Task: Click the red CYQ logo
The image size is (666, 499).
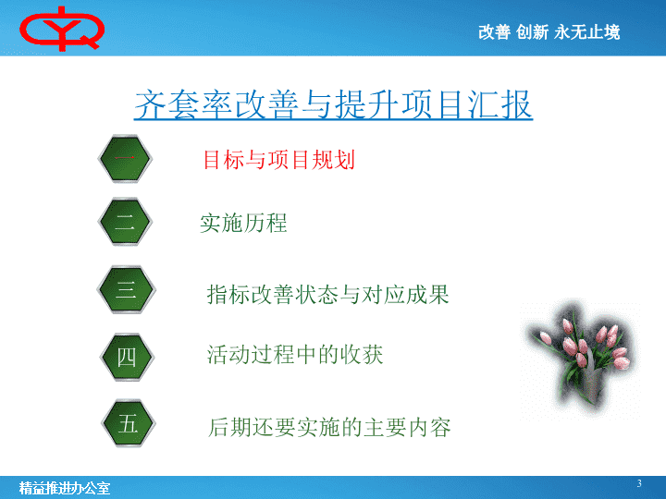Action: [62, 29]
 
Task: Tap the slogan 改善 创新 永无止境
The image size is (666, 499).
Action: [549, 32]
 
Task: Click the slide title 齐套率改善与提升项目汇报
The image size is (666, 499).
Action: [333, 104]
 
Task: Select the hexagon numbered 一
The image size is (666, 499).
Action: [125, 159]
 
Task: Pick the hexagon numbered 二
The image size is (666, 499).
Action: [125, 222]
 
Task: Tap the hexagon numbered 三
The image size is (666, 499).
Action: [126, 290]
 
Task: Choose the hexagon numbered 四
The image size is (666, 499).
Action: [127, 357]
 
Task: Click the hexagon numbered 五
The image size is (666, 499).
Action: [129, 423]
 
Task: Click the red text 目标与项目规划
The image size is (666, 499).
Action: [279, 160]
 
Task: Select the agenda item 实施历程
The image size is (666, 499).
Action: [243, 224]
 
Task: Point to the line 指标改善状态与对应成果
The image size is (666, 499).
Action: [327, 295]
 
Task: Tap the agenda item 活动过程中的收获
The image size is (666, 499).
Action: [295, 354]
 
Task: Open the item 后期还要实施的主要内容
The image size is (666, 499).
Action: [329, 427]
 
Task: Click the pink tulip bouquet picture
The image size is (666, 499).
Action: [580, 359]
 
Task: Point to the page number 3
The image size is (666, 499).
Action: [639, 483]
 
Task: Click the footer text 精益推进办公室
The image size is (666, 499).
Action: [65, 489]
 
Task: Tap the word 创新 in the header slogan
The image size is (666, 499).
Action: [532, 32]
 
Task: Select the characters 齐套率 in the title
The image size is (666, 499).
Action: [183, 104]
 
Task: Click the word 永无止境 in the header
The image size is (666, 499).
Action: [587, 32]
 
